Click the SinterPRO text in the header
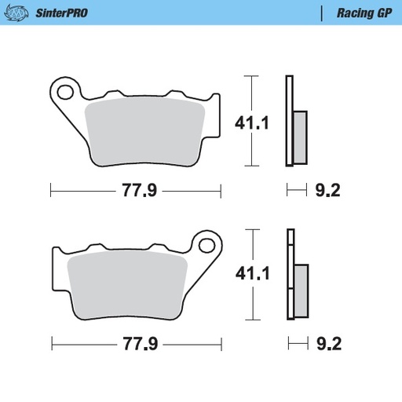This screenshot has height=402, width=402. click(61, 13)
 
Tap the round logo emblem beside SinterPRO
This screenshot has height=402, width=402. click(20, 13)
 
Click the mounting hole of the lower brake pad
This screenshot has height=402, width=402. click(207, 243)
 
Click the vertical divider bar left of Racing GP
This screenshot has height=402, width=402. click(323, 13)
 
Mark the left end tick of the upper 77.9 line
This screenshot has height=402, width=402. click(50, 189)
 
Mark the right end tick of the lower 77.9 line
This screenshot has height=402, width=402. click(221, 344)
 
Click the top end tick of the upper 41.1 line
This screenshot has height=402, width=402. click(250, 76)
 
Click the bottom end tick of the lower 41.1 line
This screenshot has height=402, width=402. click(250, 321)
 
